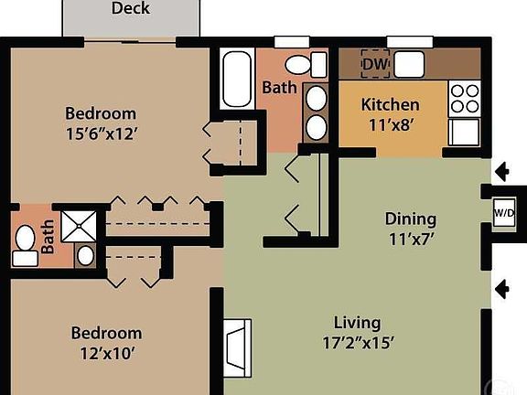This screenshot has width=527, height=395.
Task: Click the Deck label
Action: point(131,9)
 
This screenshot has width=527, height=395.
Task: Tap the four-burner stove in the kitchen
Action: point(465,97)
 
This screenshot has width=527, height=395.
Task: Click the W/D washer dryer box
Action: point(504,214)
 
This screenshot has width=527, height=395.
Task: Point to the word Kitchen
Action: point(391,104)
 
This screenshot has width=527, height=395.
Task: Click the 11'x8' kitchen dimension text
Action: point(391,125)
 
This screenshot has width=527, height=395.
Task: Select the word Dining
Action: point(410,219)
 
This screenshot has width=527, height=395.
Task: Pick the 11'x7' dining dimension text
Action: point(410,241)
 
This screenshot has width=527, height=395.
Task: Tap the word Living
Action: point(357,323)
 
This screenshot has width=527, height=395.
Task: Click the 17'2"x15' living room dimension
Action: point(357,346)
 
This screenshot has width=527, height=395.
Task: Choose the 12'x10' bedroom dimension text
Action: point(107,355)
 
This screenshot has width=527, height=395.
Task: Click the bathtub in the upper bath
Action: point(237,80)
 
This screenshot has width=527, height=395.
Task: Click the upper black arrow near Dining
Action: point(501,171)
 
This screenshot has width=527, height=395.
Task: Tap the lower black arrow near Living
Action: point(501,290)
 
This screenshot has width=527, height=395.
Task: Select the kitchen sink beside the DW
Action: point(409,63)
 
